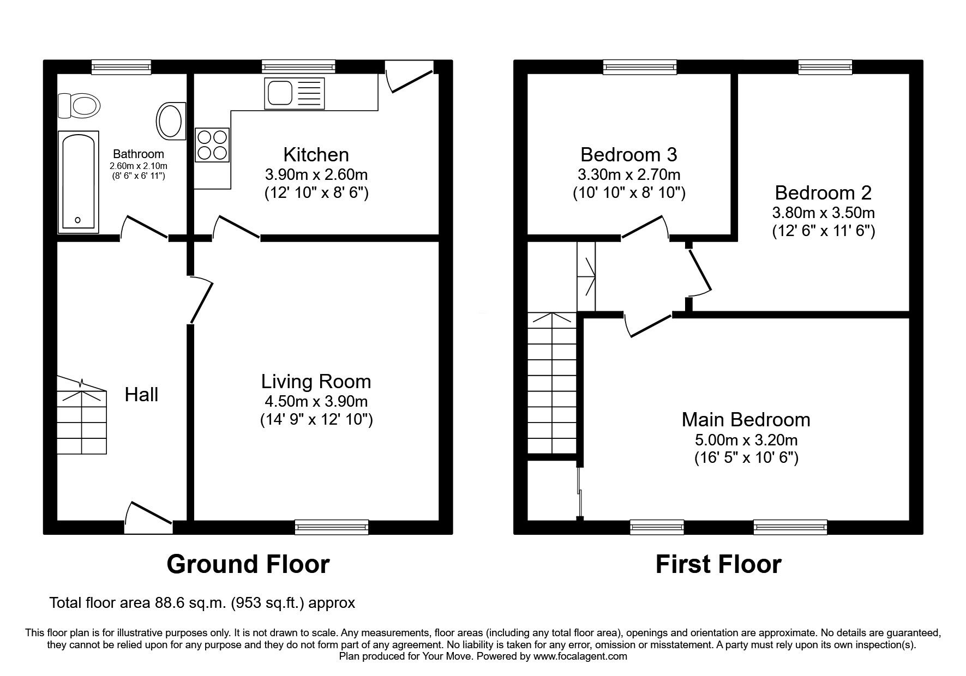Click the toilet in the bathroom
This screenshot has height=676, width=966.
click(x=79, y=105)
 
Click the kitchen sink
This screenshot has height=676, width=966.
click(x=294, y=92)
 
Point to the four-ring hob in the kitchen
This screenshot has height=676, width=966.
click(x=212, y=145)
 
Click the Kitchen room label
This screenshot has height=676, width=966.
click(x=316, y=155)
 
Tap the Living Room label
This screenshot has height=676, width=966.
click(x=316, y=382)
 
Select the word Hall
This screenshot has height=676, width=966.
click(x=141, y=395)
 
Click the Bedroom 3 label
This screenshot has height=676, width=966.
click(x=629, y=155)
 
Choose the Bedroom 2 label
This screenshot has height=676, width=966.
click(x=823, y=193)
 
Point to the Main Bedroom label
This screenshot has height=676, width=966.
click(x=746, y=420)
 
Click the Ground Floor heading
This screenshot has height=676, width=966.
click(x=248, y=564)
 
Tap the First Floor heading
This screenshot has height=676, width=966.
click(x=718, y=564)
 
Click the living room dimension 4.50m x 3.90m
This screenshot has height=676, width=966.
click(x=316, y=402)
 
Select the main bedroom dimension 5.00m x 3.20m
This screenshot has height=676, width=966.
click(x=746, y=440)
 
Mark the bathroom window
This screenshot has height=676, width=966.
click(x=121, y=67)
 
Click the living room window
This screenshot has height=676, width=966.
click(x=332, y=527)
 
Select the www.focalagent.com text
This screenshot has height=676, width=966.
click(x=580, y=656)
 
